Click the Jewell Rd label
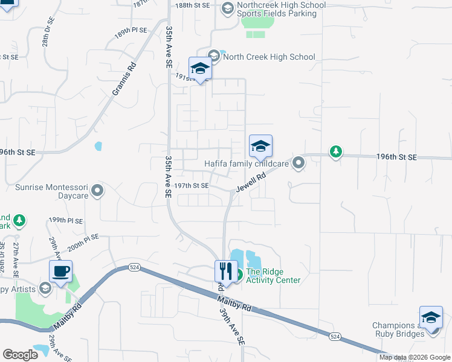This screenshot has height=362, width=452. click(x=251, y=182)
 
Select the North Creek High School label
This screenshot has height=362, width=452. click(x=269, y=57)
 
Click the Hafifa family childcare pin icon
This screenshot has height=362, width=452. click(x=298, y=164)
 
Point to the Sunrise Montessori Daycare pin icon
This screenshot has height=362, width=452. click(x=98, y=191)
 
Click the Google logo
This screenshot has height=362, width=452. click(x=20, y=355)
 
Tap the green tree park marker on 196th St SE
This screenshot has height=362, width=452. click(x=335, y=151)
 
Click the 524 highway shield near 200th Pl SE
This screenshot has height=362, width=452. click(x=134, y=267)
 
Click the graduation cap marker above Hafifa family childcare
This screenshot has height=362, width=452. click(x=260, y=146)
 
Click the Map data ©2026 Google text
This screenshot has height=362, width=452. click(x=414, y=357)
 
